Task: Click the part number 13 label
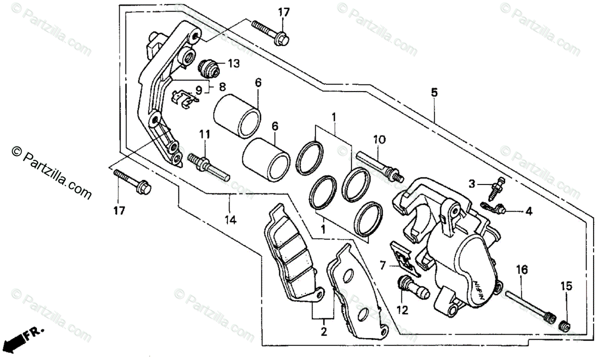coord(234,63)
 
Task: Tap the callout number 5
coord(434,92)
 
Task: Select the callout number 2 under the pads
coord(323,331)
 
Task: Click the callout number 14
coord(230,219)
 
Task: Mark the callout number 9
coord(198,90)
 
